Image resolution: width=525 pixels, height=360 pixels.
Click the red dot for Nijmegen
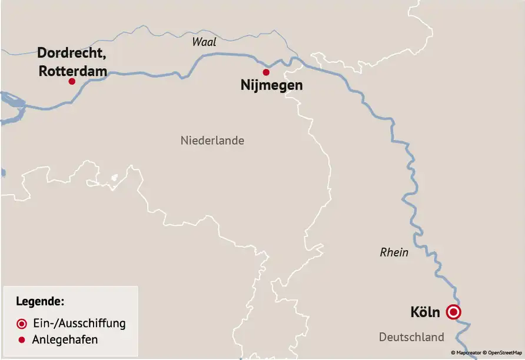tap(266, 72)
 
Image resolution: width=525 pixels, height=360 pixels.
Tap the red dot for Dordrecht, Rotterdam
tap(72, 81)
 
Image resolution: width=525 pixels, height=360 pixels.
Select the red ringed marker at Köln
tap(453, 312)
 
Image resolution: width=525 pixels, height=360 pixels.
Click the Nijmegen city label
tap(271, 85)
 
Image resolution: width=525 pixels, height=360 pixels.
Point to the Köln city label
tap(425, 312)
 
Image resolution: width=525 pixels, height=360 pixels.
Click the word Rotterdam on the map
tap(73, 71)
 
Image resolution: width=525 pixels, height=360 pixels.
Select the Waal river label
tap(204, 42)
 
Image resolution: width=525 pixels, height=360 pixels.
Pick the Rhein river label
tap(394, 252)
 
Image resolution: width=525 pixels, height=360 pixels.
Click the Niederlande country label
tap(212, 141)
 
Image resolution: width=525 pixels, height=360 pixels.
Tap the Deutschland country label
tap(411, 337)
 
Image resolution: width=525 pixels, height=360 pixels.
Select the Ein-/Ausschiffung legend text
tap(79, 323)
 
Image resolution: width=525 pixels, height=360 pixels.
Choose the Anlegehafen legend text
tap(66, 339)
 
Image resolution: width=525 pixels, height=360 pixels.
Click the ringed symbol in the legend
tap(22, 324)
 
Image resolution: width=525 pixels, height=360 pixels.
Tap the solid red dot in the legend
tap(22, 340)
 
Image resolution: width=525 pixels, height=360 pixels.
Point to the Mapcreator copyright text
tap(468, 353)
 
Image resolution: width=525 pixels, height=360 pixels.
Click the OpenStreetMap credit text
tap(504, 353)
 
